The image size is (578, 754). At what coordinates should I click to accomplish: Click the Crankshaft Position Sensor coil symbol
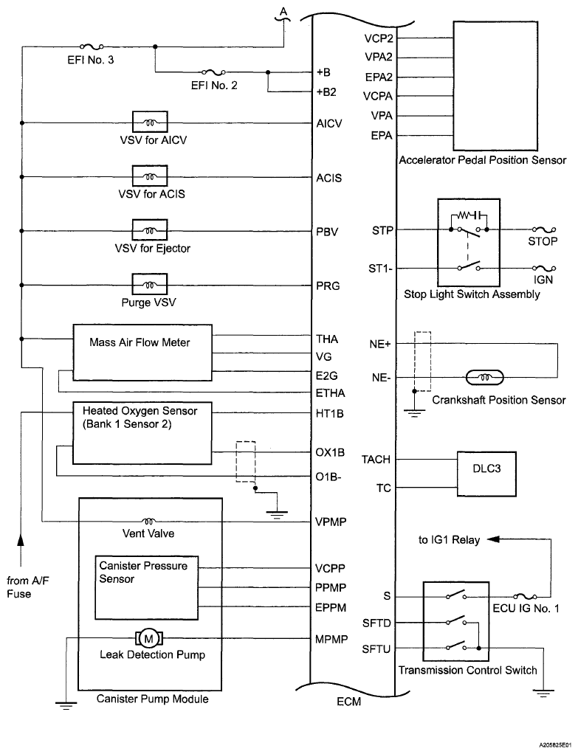pos(484,378)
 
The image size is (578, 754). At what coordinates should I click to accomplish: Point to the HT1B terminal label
pos(328,414)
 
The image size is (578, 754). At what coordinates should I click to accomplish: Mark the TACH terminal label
pos(376,460)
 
